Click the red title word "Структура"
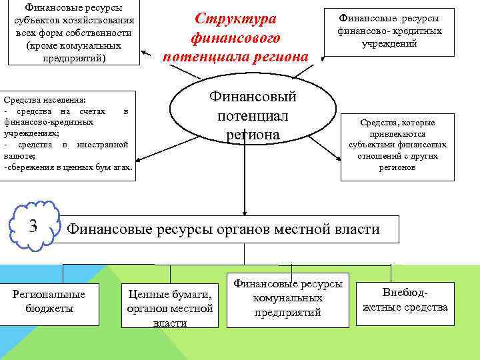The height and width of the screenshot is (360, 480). click(x=235, y=19)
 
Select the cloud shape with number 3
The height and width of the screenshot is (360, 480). click(x=33, y=227)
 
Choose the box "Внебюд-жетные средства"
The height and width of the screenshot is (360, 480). click(x=405, y=301)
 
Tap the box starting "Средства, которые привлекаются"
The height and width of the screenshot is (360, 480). click(x=397, y=145)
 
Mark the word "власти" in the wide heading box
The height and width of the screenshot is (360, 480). click(x=355, y=229)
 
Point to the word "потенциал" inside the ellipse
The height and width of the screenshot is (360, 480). click(x=253, y=116)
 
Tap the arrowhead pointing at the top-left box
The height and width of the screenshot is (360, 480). click(x=147, y=55)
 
